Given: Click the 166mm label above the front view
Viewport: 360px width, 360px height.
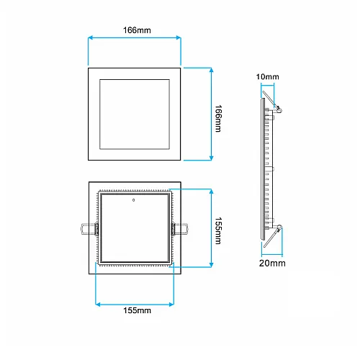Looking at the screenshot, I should point(134,30).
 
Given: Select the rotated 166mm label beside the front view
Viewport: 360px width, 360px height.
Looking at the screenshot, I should point(219,114).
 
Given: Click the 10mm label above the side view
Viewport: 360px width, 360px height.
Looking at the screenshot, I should point(267,76).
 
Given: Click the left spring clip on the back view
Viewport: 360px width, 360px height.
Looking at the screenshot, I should point(88,228).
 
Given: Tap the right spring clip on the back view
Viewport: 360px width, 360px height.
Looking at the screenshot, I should point(180,228).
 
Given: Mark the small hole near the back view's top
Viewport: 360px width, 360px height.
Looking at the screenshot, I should point(134,199).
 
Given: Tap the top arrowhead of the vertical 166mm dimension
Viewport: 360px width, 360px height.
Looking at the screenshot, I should point(211,70).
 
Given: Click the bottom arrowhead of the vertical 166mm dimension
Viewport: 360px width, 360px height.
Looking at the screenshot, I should point(211,158).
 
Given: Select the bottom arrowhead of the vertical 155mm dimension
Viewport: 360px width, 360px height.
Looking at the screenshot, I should point(211,266).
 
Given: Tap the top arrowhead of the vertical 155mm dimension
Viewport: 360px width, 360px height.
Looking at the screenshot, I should point(211,191).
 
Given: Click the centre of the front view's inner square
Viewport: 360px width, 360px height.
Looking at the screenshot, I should point(134,114).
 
